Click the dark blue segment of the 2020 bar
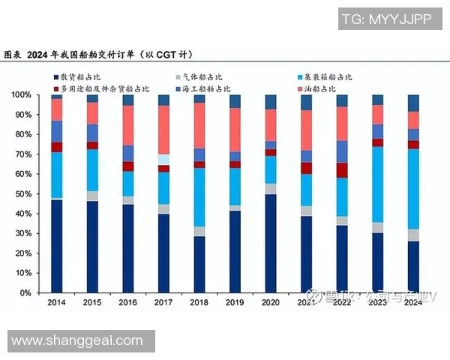(271, 243)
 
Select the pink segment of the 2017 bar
(163, 130)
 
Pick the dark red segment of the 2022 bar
(342, 170)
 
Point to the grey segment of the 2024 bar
(413, 235)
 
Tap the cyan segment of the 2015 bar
(92, 170)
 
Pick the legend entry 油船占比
(323, 88)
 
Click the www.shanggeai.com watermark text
(77, 341)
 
